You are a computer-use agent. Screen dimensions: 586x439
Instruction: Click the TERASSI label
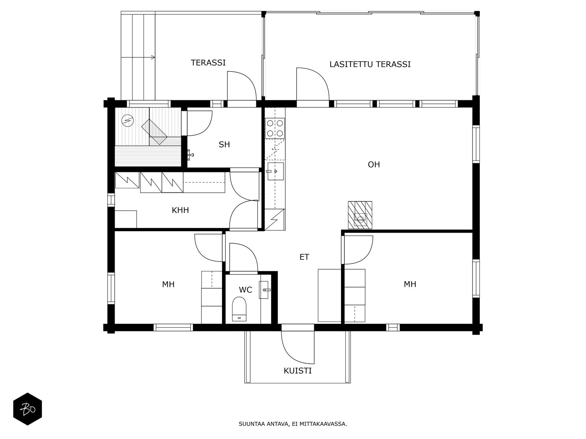click(x=208, y=63)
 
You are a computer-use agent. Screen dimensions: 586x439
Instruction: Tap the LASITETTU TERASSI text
click(x=370, y=64)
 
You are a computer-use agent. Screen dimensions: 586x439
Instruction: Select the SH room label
click(x=224, y=145)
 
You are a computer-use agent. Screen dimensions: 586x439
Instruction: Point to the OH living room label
click(x=374, y=165)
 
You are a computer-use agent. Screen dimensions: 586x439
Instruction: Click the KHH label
click(x=180, y=210)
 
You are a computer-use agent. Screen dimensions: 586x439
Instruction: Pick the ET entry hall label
click(x=304, y=257)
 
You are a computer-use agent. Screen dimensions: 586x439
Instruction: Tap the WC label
click(x=245, y=290)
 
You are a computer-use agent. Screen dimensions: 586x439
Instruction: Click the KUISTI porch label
click(x=297, y=371)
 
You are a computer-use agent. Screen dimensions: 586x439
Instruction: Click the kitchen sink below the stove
click(x=275, y=171)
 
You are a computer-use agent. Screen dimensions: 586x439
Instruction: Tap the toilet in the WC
click(x=239, y=309)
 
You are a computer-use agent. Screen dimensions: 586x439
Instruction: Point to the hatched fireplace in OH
click(x=360, y=215)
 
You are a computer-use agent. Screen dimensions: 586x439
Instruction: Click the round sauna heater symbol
click(x=127, y=120)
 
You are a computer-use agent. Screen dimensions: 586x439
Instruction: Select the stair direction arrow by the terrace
click(x=138, y=57)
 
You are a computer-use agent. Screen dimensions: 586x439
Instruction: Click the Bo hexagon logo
click(x=27, y=409)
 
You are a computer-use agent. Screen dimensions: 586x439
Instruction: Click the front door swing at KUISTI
click(x=298, y=348)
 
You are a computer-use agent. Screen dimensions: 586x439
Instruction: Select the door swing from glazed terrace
click(x=313, y=84)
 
